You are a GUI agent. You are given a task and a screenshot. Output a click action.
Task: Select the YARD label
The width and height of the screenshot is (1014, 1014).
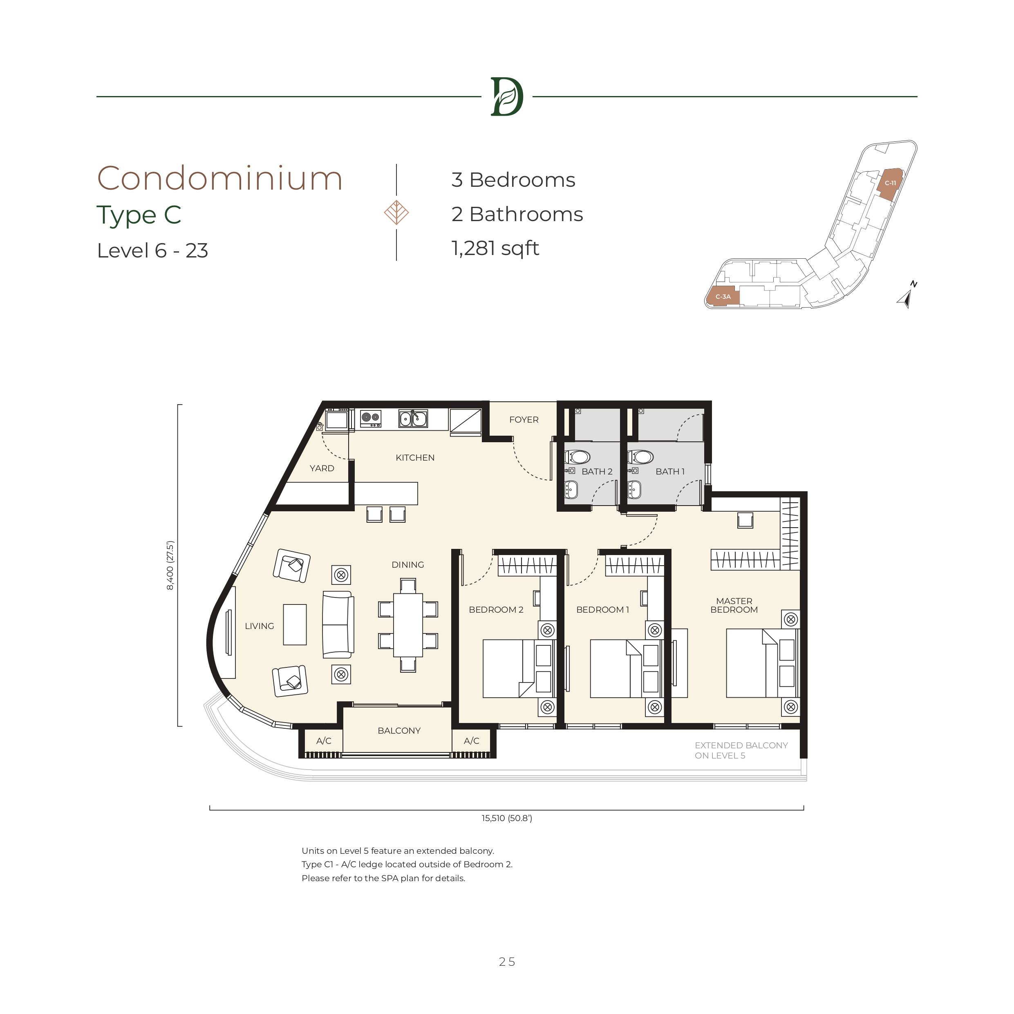click(x=322, y=468)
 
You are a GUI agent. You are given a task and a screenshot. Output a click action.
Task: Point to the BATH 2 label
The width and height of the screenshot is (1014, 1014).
click(x=597, y=471)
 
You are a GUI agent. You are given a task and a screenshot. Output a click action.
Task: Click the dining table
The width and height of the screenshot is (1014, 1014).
click(x=408, y=625)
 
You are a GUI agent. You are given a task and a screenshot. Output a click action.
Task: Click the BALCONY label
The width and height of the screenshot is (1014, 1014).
click(x=399, y=731)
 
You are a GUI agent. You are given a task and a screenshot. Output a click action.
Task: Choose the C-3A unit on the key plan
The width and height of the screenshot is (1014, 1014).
click(x=723, y=297)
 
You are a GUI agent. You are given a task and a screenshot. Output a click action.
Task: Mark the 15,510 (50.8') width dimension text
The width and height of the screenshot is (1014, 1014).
click(x=506, y=818)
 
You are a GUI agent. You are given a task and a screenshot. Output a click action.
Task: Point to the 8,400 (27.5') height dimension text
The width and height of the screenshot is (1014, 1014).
click(x=170, y=566)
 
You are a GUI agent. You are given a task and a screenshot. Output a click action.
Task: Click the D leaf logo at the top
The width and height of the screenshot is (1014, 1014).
click(x=506, y=96)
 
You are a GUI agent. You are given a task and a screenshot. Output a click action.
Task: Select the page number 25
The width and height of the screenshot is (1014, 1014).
click(x=507, y=962)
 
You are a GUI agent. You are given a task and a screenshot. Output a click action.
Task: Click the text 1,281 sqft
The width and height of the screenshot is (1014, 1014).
click(x=495, y=248)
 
